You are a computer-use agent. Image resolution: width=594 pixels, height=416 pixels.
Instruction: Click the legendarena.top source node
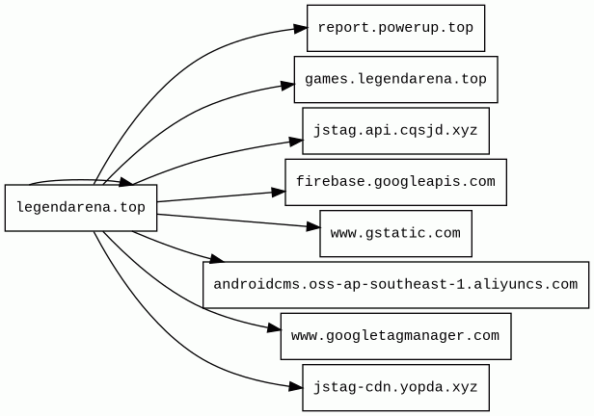[x=81, y=207]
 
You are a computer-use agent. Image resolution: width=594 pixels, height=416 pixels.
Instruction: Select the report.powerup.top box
[x=395, y=28]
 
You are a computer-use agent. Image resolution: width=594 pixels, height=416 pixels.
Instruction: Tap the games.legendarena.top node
[x=395, y=79]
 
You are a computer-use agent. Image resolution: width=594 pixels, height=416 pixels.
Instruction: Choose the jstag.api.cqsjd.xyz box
[x=395, y=130]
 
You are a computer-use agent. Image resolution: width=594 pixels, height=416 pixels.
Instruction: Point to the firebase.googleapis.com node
[x=395, y=182]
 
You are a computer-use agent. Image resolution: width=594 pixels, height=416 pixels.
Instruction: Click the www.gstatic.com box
[x=395, y=233]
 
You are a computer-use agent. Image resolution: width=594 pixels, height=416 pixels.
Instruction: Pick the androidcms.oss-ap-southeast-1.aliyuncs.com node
[x=395, y=284]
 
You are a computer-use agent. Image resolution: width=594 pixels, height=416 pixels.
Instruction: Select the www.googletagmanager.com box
[x=395, y=336]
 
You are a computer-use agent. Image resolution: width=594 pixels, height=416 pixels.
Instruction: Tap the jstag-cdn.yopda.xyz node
[x=395, y=387]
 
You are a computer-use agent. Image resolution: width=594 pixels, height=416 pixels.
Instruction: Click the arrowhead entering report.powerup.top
[x=300, y=29]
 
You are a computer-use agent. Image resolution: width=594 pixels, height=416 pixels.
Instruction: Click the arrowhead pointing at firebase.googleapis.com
[x=278, y=193]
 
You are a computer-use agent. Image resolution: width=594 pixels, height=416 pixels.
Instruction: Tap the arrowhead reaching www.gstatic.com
[x=312, y=228]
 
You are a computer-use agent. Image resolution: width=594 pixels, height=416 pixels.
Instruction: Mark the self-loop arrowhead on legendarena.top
[x=125, y=181]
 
